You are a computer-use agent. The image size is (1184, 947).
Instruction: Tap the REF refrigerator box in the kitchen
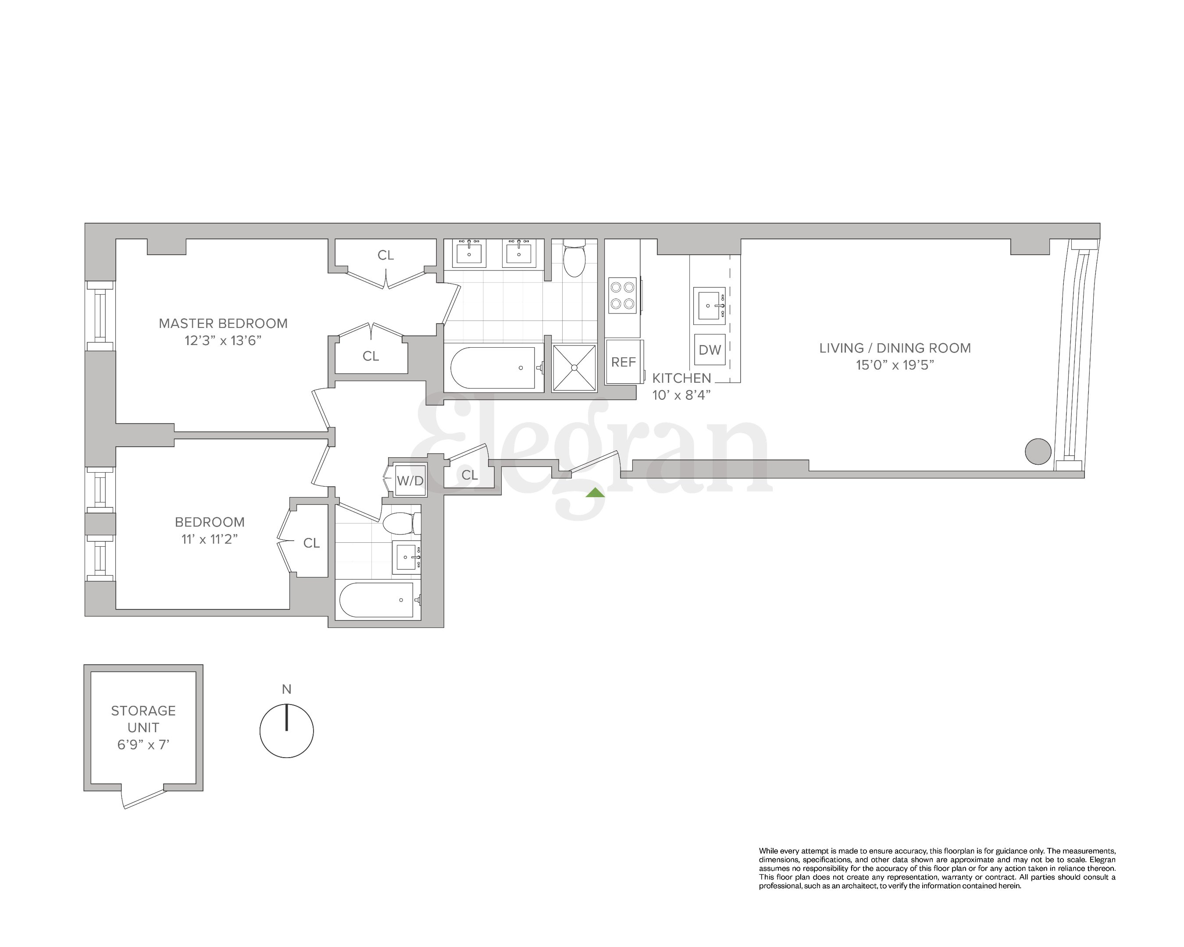pyautogui.click(x=623, y=362)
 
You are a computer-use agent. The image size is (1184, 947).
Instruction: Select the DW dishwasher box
pyautogui.click(x=710, y=350)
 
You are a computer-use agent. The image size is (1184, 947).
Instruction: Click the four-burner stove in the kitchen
pyautogui.click(x=623, y=295)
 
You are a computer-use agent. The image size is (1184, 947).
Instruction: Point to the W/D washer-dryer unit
pyautogui.click(x=410, y=481)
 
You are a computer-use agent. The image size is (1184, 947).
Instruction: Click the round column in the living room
pyautogui.click(x=1038, y=451)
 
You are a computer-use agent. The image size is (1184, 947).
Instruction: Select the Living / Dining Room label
pyautogui.click(x=895, y=348)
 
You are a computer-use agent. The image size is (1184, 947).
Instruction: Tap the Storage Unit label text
pyautogui.click(x=143, y=719)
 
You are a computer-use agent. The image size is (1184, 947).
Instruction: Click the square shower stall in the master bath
pyautogui.click(x=574, y=368)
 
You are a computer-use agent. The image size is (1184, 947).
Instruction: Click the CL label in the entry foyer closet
pyautogui.click(x=470, y=475)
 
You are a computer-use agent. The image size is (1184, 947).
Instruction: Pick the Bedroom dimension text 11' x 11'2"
pyautogui.click(x=210, y=539)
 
